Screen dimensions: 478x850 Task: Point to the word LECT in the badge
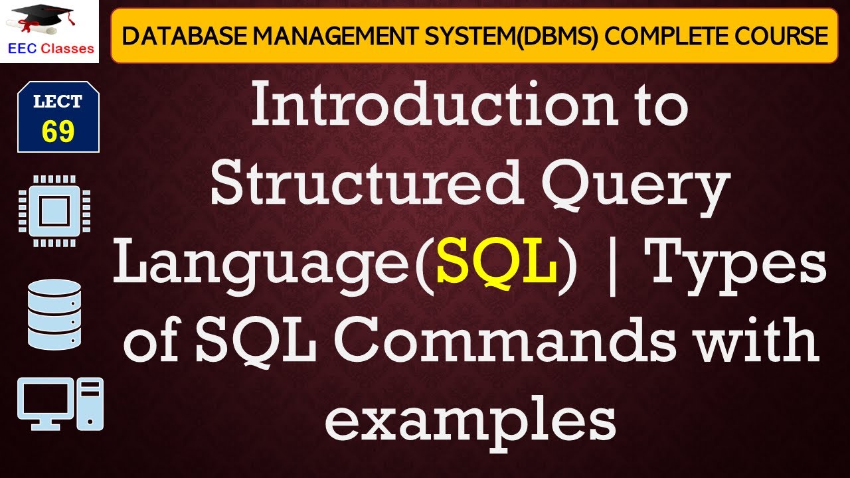58,102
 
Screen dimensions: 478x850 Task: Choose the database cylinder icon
55,314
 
